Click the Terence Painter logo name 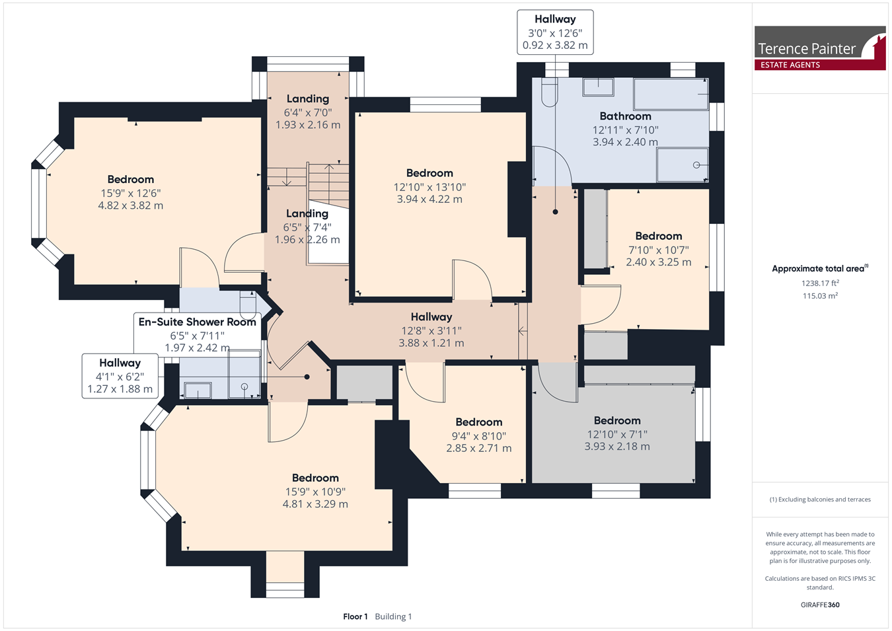click(x=806, y=49)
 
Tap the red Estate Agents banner click(x=820, y=65)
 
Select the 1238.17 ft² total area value click(x=821, y=283)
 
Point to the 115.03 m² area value click(x=821, y=296)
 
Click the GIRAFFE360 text click(x=820, y=605)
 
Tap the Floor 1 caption click(x=355, y=616)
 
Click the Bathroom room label click(x=625, y=116)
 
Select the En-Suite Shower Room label click(x=197, y=322)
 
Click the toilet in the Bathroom click(x=550, y=92)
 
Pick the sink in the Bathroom click(x=598, y=87)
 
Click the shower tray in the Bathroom click(x=682, y=165)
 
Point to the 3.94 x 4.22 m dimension click(x=429, y=199)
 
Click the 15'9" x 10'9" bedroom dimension click(x=315, y=492)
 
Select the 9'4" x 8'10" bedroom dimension click(x=478, y=436)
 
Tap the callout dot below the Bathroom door click(x=555, y=212)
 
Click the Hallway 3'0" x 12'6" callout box click(x=555, y=32)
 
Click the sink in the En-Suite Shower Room click(x=198, y=390)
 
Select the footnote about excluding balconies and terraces click(x=820, y=500)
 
